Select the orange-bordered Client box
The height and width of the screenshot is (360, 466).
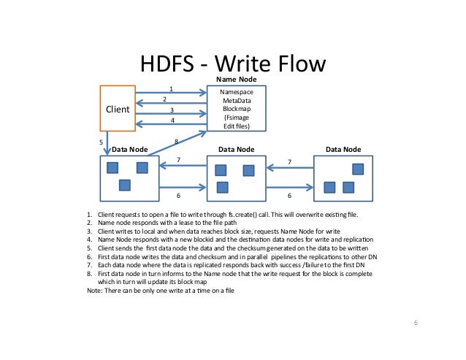point(118,109)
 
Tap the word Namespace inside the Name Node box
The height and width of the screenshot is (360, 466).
point(236,93)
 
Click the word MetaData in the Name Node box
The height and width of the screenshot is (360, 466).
point(236,102)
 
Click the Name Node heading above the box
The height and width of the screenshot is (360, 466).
point(236,78)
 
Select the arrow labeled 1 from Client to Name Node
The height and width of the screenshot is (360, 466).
point(172,93)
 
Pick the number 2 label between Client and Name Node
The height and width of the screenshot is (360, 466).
point(165,99)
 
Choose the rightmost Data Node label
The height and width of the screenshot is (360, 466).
point(344,149)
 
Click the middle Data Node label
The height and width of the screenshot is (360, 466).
point(237,149)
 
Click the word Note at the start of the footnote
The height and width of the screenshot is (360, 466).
point(94,291)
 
